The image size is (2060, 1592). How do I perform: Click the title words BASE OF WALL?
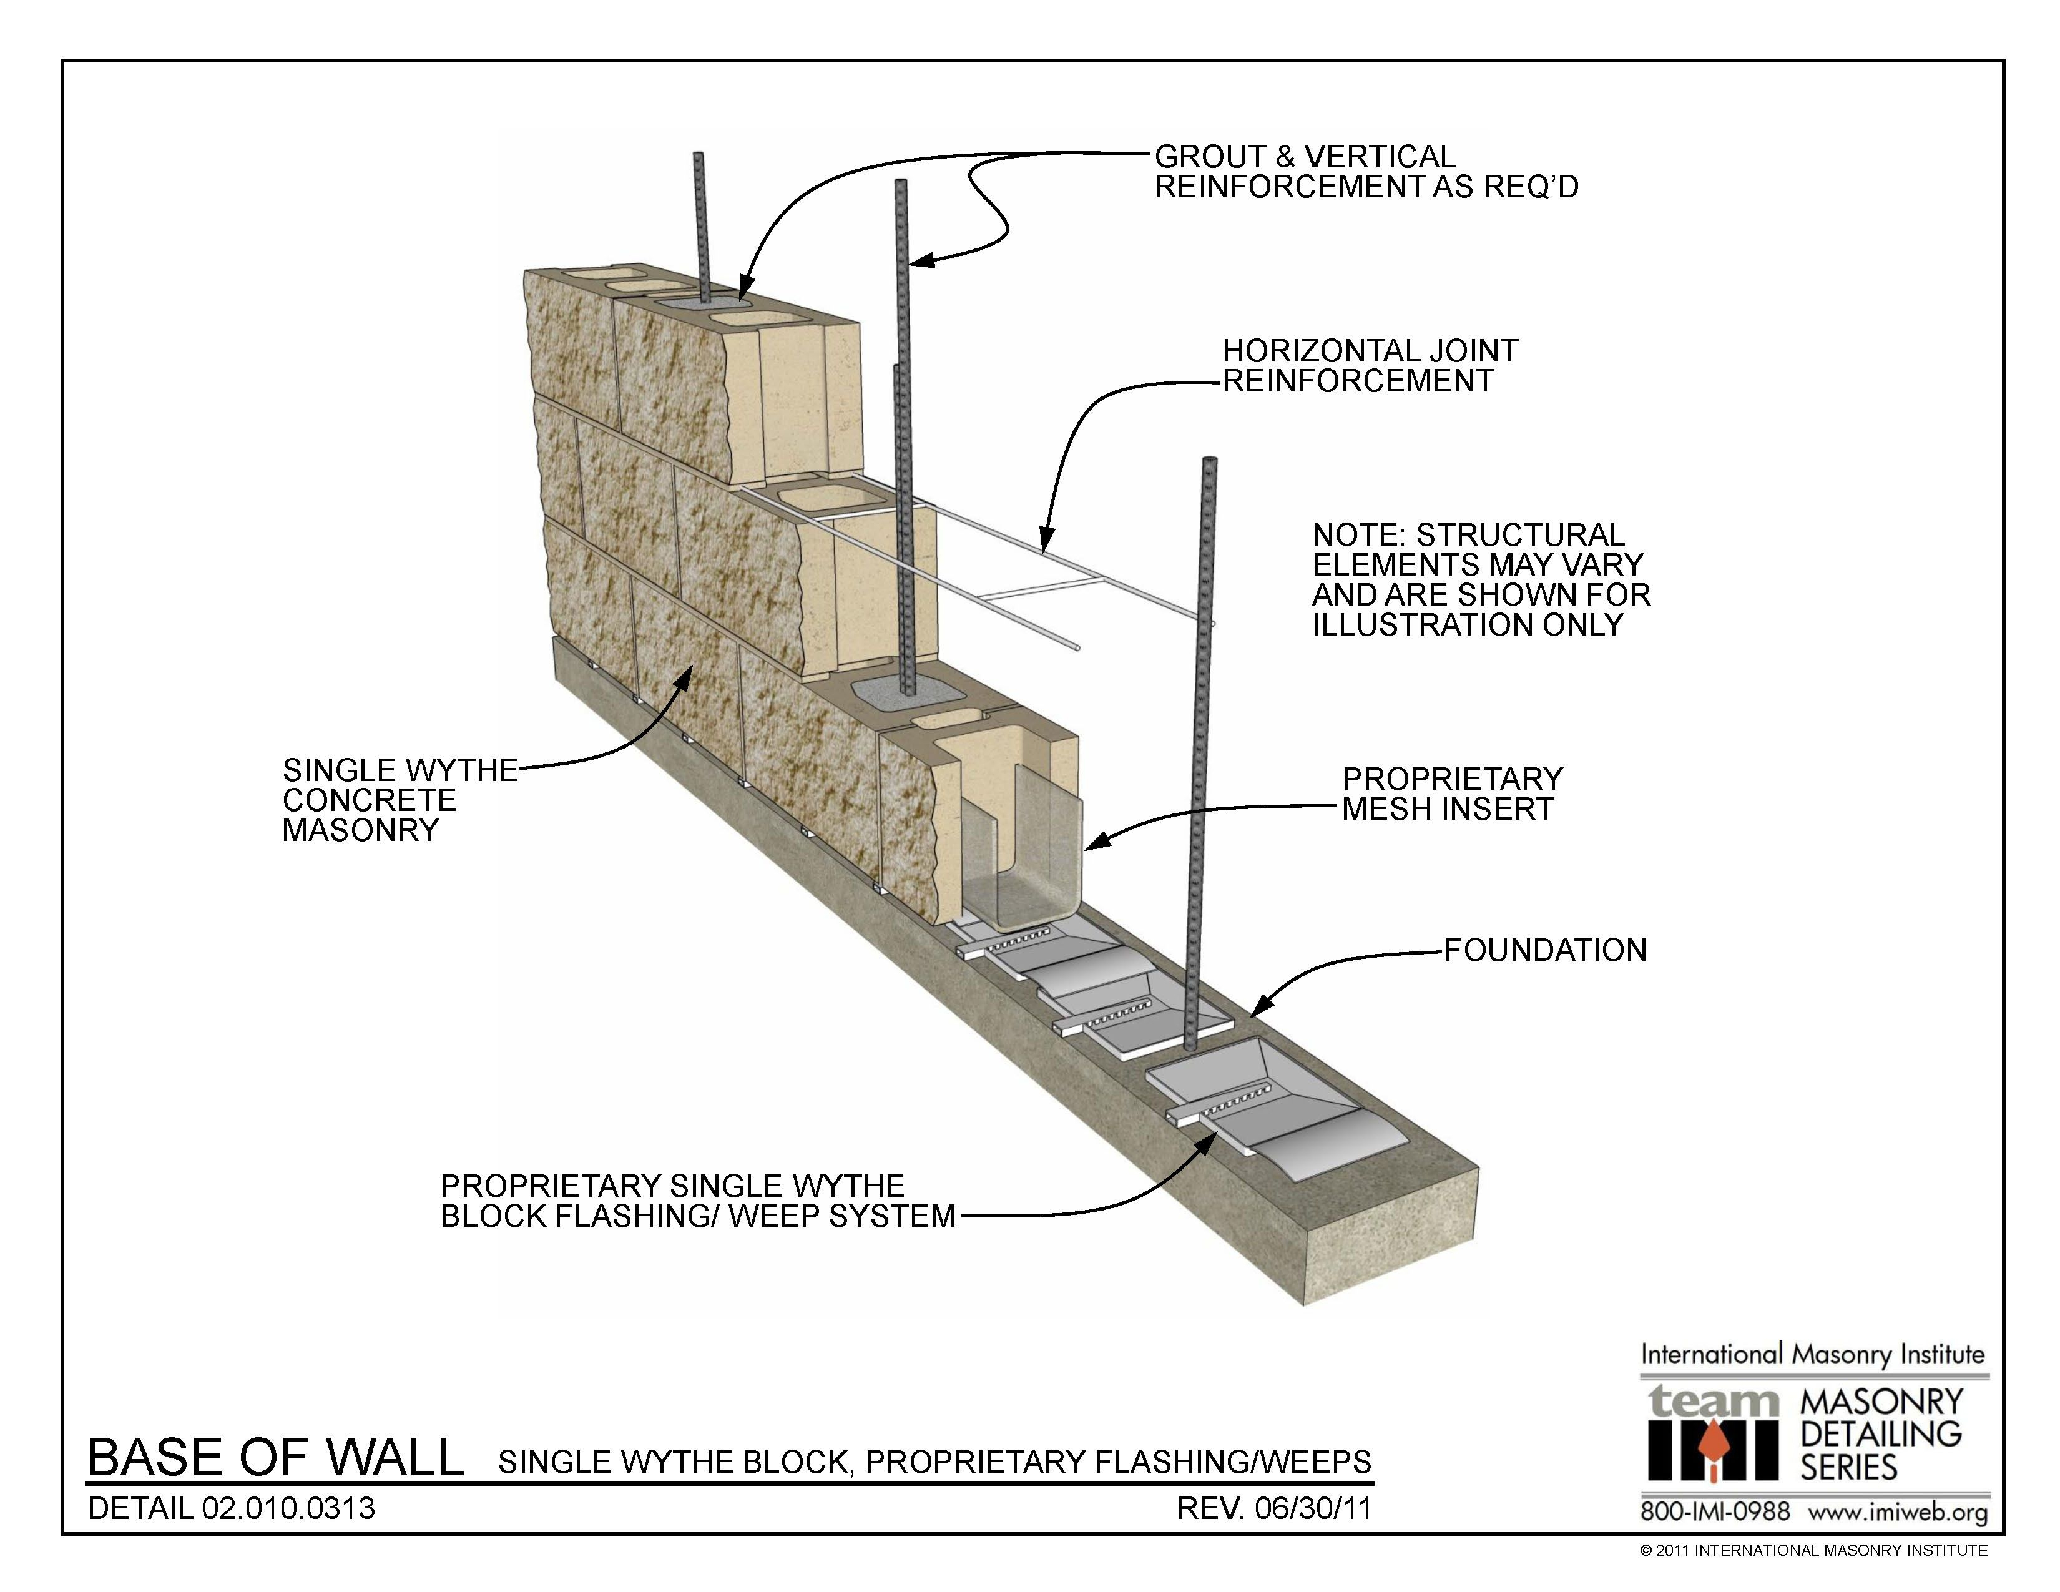[x=275, y=1457]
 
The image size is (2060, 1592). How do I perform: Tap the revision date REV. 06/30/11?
[x=1273, y=1508]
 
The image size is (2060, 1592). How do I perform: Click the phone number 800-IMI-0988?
[x=1715, y=1512]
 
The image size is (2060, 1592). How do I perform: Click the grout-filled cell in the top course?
[x=703, y=303]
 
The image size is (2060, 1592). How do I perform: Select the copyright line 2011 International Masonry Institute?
[x=1813, y=1550]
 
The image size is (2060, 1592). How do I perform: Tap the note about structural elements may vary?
[x=1481, y=580]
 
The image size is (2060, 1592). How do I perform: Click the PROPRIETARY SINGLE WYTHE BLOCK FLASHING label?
[x=697, y=1201]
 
